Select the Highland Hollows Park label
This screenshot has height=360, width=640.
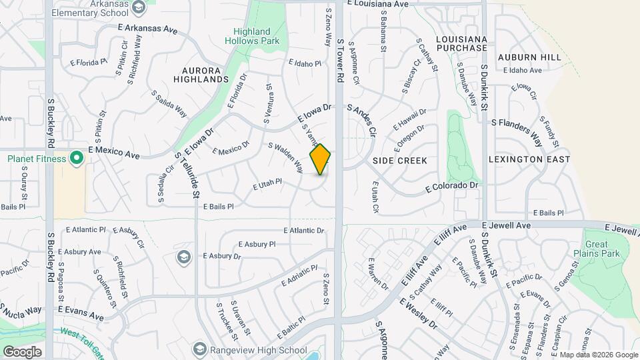(x=252, y=37)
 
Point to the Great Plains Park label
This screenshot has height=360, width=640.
(x=596, y=248)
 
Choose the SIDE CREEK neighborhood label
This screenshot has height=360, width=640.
(x=400, y=161)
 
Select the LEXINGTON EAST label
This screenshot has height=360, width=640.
(x=529, y=159)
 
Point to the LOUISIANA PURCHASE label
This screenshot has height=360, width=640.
(x=461, y=44)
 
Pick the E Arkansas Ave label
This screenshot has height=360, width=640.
(x=147, y=30)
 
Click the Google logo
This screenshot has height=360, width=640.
(x=22, y=351)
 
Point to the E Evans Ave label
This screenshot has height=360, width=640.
(x=81, y=312)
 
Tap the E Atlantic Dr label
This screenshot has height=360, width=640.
(x=303, y=231)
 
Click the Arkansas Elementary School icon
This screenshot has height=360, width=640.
(x=139, y=8)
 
